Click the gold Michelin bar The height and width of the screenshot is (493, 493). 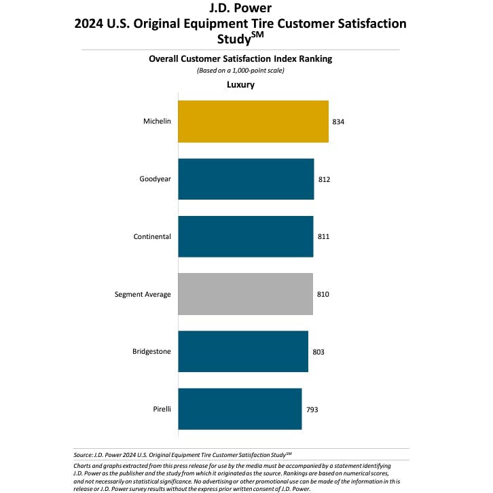pos(253,122)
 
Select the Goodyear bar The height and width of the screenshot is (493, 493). pos(246,179)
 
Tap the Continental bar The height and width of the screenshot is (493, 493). pos(245,236)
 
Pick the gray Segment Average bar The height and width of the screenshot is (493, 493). pos(245,294)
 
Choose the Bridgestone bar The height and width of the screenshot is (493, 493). pos(243,352)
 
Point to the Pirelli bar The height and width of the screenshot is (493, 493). pos(240,409)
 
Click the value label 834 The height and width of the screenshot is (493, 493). pos(338,122)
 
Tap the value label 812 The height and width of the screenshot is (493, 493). pos(323,179)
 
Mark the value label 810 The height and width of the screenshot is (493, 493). pos(323,294)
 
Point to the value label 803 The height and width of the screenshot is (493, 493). pos(318,352)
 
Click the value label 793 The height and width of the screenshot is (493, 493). pos(311,409)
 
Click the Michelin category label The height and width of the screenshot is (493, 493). pos(157,122)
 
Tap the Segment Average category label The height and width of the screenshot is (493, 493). pos(143,294)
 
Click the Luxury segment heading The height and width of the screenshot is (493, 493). pos(240,85)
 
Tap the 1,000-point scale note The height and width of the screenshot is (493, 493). pos(240,70)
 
